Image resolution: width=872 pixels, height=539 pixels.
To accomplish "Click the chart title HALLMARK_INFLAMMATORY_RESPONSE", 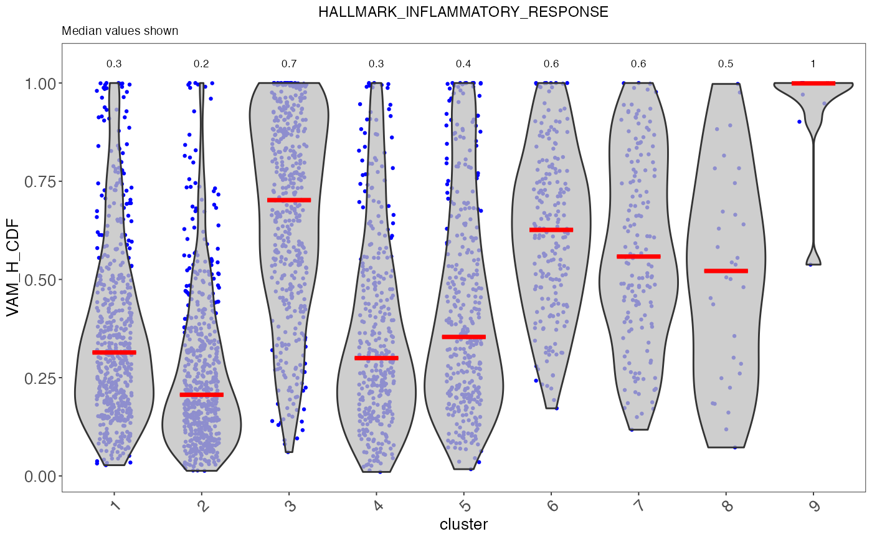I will tap(463, 12).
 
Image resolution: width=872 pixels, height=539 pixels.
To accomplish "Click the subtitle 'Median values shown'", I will tap(120, 31).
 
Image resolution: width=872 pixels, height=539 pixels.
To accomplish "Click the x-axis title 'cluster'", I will tap(463, 524).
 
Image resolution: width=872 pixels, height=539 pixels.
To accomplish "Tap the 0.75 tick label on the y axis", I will tap(39, 181).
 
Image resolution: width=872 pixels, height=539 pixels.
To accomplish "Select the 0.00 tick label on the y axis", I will tap(39, 476).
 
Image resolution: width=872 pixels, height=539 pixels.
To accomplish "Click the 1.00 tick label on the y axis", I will tap(39, 83).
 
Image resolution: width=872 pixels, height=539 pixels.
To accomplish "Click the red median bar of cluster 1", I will tap(114, 353).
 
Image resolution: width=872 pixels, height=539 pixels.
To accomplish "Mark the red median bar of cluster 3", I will tap(289, 200).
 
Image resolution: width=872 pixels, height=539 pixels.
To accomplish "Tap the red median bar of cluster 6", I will tap(551, 230).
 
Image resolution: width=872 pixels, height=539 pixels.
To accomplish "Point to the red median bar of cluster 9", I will tap(813, 83).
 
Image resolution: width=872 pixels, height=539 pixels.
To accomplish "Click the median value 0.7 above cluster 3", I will tap(289, 64).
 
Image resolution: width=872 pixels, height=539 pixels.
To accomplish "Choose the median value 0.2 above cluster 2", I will tap(201, 64).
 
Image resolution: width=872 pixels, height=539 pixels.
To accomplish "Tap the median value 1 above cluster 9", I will tap(813, 64).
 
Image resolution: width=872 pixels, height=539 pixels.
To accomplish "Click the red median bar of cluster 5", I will tap(463, 337).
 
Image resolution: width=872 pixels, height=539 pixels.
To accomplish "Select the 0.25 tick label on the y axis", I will tap(39, 378).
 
